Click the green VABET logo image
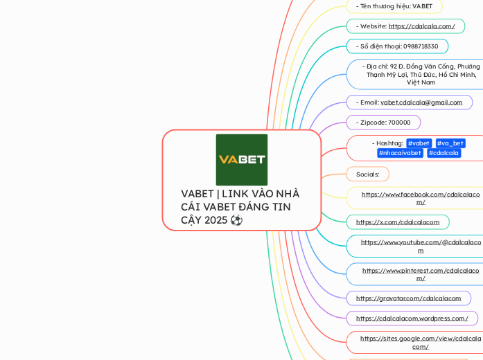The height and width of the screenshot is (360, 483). coord(241,159)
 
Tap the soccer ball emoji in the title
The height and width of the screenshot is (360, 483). coord(237,220)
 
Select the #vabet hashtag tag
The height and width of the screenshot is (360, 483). coord(419,143)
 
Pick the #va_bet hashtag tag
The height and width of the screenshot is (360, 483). coord(450,143)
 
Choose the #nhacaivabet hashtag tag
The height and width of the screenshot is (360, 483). coord(400,153)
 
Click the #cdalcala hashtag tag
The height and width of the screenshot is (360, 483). coord(444,153)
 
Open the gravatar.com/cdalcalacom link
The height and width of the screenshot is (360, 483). coord(408,298)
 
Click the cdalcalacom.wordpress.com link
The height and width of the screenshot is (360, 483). coord(412,318)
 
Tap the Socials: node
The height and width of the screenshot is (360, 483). coord(367,174)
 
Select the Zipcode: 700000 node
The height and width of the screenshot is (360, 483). coord(383,123)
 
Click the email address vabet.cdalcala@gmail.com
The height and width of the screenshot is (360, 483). coord(421,102)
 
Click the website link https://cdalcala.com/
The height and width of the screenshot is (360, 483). coord(421,26)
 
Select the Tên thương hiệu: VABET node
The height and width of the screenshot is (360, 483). coord(394,6)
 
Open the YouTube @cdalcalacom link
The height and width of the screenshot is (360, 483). coord(421,246)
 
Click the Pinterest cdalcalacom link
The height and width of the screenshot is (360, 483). coord(421,274)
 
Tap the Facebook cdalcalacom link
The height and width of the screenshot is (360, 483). coord(421,198)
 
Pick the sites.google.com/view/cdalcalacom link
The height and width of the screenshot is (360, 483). coord(421,342)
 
